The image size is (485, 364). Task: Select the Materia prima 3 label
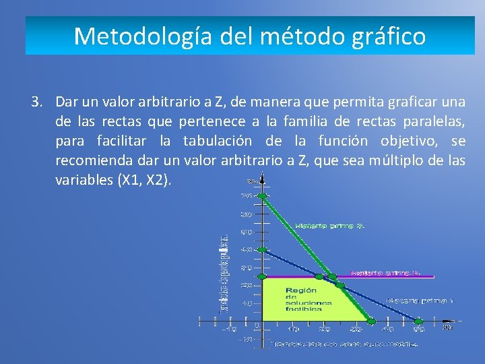[385, 273]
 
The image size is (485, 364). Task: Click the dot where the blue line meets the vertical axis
[263, 250]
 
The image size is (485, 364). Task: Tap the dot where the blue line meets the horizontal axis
[418, 321]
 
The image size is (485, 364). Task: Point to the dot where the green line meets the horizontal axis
[370, 321]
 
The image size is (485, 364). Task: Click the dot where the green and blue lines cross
[340, 286]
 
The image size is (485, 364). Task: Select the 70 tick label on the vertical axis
[247, 196]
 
